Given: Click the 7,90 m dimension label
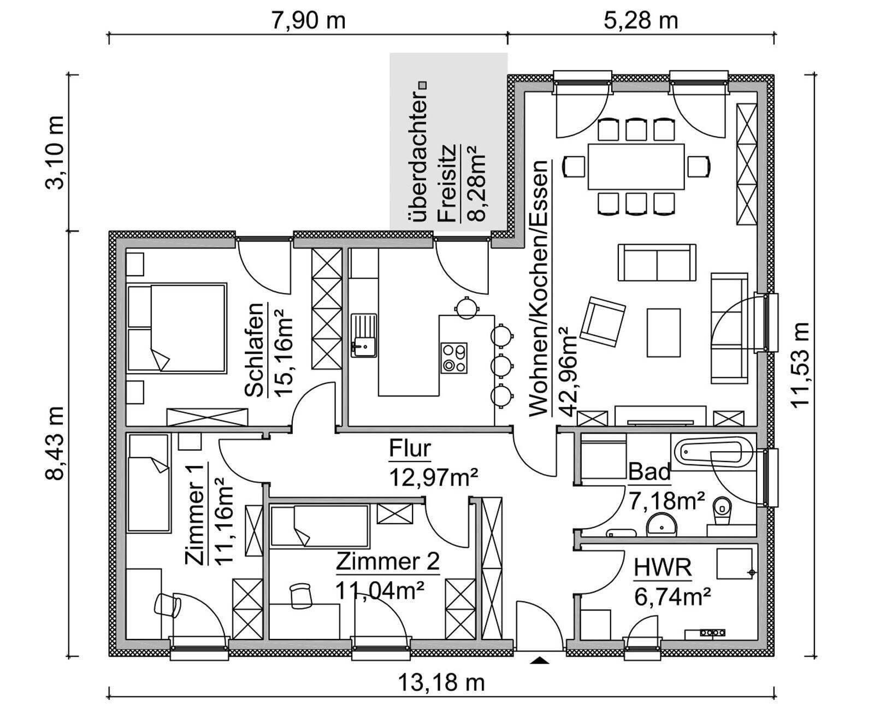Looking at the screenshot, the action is click(x=308, y=21).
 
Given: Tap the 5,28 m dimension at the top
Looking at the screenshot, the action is click(x=641, y=21).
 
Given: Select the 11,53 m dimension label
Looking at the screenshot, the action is click(x=800, y=365).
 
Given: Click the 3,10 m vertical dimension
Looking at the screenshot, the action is click(x=55, y=152).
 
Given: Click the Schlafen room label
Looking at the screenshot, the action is click(x=255, y=350).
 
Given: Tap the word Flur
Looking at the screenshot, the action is click(x=410, y=448).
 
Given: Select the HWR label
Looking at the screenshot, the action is click(x=663, y=568).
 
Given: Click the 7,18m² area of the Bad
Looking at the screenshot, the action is click(x=667, y=501).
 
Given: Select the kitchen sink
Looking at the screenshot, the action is click(x=364, y=335).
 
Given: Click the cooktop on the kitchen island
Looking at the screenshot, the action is click(x=454, y=358).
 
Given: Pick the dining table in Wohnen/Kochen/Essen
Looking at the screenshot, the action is click(x=636, y=167).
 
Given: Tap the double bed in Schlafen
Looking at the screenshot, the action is click(x=176, y=328).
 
